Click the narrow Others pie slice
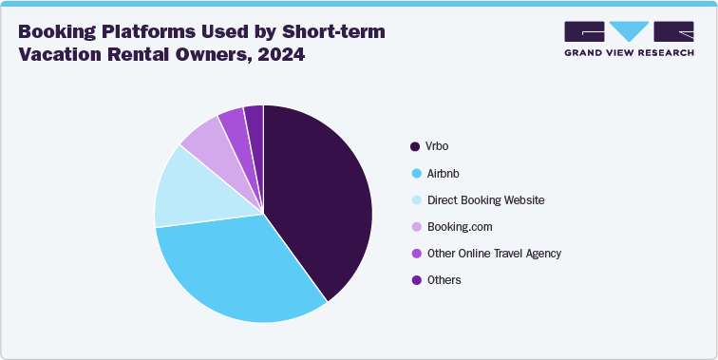[x=254, y=118]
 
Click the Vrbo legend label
[x=436, y=146]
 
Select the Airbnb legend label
[x=442, y=174]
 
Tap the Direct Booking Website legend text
[x=485, y=200]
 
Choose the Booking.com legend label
[x=460, y=227]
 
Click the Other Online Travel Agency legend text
[x=494, y=254]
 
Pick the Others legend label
[x=443, y=280]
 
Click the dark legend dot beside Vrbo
[x=414, y=146]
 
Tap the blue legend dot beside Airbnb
[x=414, y=174]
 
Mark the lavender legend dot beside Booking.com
[x=414, y=227]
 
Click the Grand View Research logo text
[x=628, y=51]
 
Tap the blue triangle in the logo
[x=629, y=30]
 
